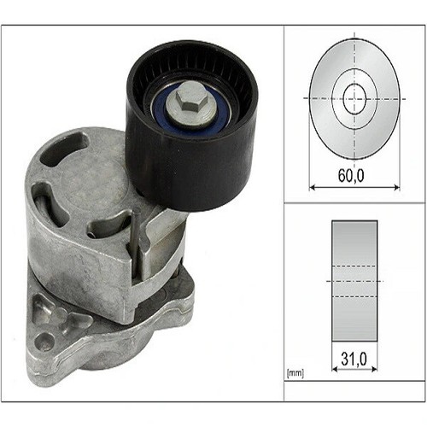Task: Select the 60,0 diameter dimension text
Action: point(351,176)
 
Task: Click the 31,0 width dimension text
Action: point(354,359)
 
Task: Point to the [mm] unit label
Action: point(295,373)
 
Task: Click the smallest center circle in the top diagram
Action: point(354,98)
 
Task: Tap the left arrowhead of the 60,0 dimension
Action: point(313,187)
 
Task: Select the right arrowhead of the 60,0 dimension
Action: point(396,187)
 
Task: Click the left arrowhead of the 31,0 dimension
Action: point(335,369)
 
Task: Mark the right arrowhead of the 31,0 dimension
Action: point(374,369)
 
